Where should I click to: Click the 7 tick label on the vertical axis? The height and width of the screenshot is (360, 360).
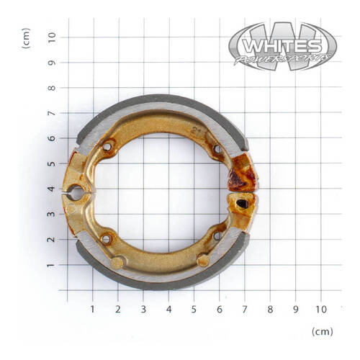pyautogui.click(x=50, y=113)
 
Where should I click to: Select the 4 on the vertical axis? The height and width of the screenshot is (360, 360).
pyautogui.click(x=50, y=189)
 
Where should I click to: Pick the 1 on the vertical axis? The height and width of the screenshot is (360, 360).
pyautogui.click(x=50, y=265)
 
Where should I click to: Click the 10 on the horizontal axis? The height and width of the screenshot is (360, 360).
pyautogui.click(x=320, y=309)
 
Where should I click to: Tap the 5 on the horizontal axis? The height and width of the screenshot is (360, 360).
pyautogui.click(x=194, y=309)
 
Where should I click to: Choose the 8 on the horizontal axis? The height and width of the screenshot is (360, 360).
pyautogui.click(x=270, y=309)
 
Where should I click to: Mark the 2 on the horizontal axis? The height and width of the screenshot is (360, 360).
pyautogui.click(x=118, y=309)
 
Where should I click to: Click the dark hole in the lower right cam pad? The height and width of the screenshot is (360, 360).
pyautogui.click(x=243, y=204)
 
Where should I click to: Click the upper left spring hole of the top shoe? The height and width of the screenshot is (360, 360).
pyautogui.click(x=107, y=148)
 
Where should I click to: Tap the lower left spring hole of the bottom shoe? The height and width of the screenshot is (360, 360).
pyautogui.click(x=107, y=237)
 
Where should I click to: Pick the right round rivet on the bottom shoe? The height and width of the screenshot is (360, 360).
pyautogui.click(x=204, y=259)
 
